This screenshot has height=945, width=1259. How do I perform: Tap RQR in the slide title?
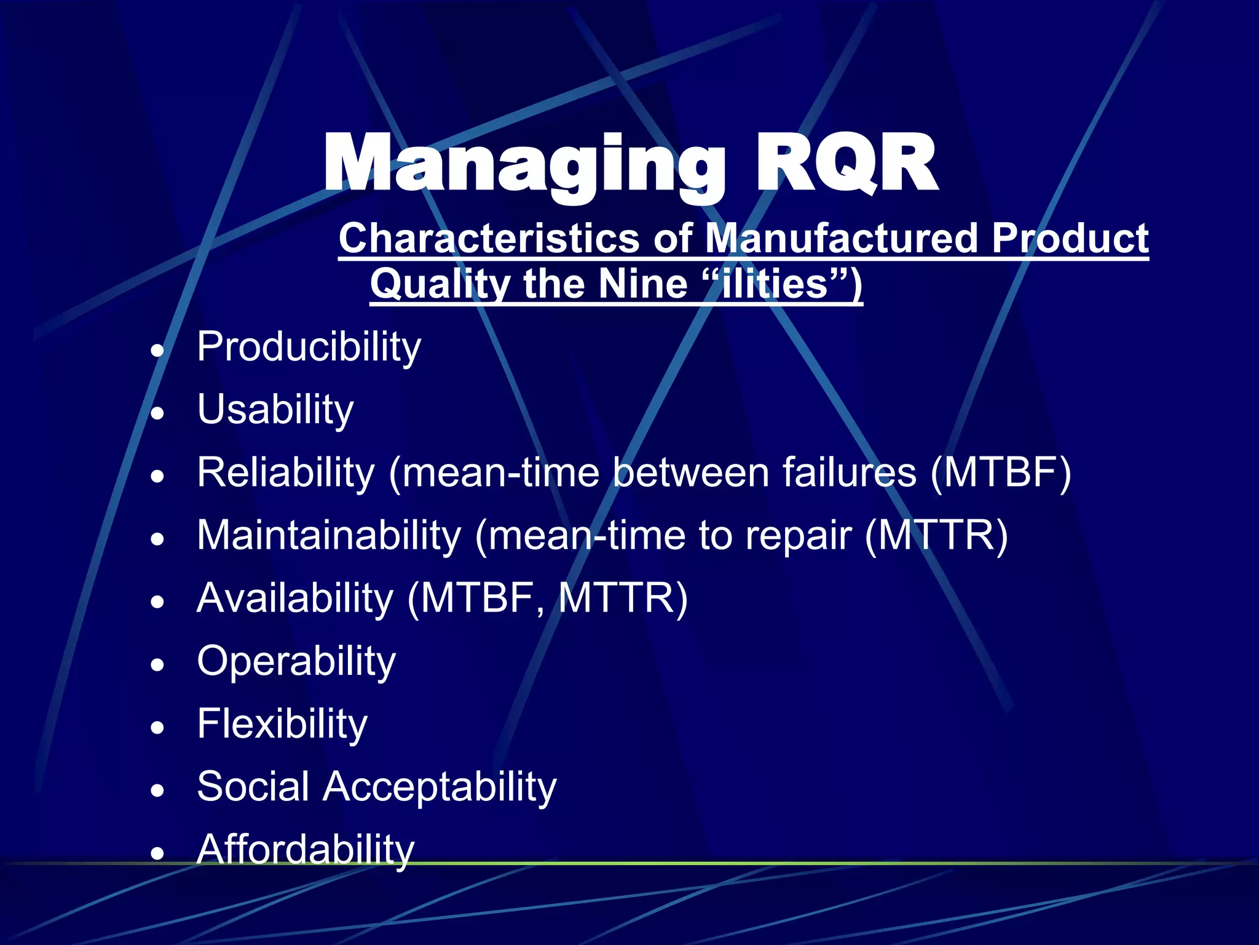(x=845, y=165)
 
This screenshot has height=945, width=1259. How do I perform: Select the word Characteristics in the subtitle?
(x=489, y=239)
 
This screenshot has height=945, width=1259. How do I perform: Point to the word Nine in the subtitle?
(x=642, y=285)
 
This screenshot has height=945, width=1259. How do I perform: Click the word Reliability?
(x=286, y=473)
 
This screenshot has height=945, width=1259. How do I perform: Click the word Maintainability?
(x=329, y=536)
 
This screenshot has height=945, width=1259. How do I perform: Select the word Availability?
(x=295, y=599)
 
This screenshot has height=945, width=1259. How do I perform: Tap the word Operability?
(x=296, y=662)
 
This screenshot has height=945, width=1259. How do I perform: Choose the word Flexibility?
(x=282, y=725)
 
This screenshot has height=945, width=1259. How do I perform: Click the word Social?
(x=253, y=787)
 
